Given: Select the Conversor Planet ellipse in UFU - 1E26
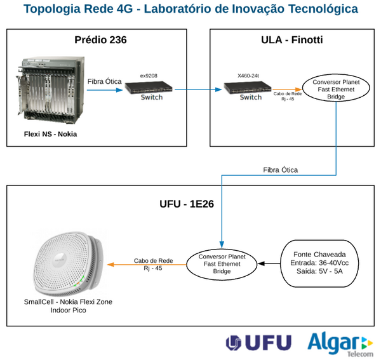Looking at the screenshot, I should tap(222, 263).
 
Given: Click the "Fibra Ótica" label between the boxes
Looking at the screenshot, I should tap(280, 170).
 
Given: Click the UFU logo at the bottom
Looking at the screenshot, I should tap(258, 343).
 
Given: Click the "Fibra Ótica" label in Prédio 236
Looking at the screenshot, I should tap(104, 81).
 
